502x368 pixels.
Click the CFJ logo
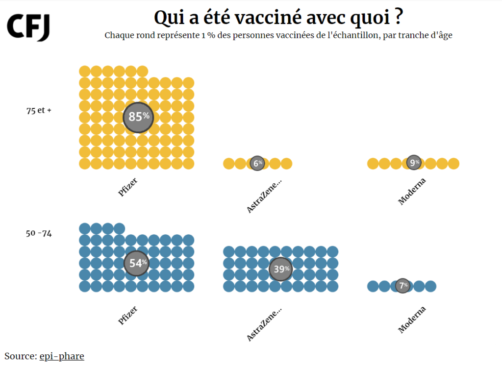coord(28,27)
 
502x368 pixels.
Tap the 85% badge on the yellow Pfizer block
coord(138,117)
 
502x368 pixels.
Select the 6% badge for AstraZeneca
coord(257,163)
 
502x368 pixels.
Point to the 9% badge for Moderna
coord(414,163)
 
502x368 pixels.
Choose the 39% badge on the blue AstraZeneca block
coord(281,269)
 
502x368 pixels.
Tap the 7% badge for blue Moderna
coord(402,286)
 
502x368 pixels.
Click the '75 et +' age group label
coord(39,110)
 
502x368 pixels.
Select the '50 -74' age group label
coord(39,233)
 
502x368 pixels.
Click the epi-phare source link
coord(62,356)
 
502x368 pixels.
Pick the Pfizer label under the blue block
coord(127,315)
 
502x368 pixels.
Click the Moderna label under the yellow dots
coord(412,191)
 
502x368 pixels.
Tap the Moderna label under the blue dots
coord(412,319)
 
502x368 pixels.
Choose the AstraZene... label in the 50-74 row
coord(264,323)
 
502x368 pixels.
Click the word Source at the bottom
coord(20,356)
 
